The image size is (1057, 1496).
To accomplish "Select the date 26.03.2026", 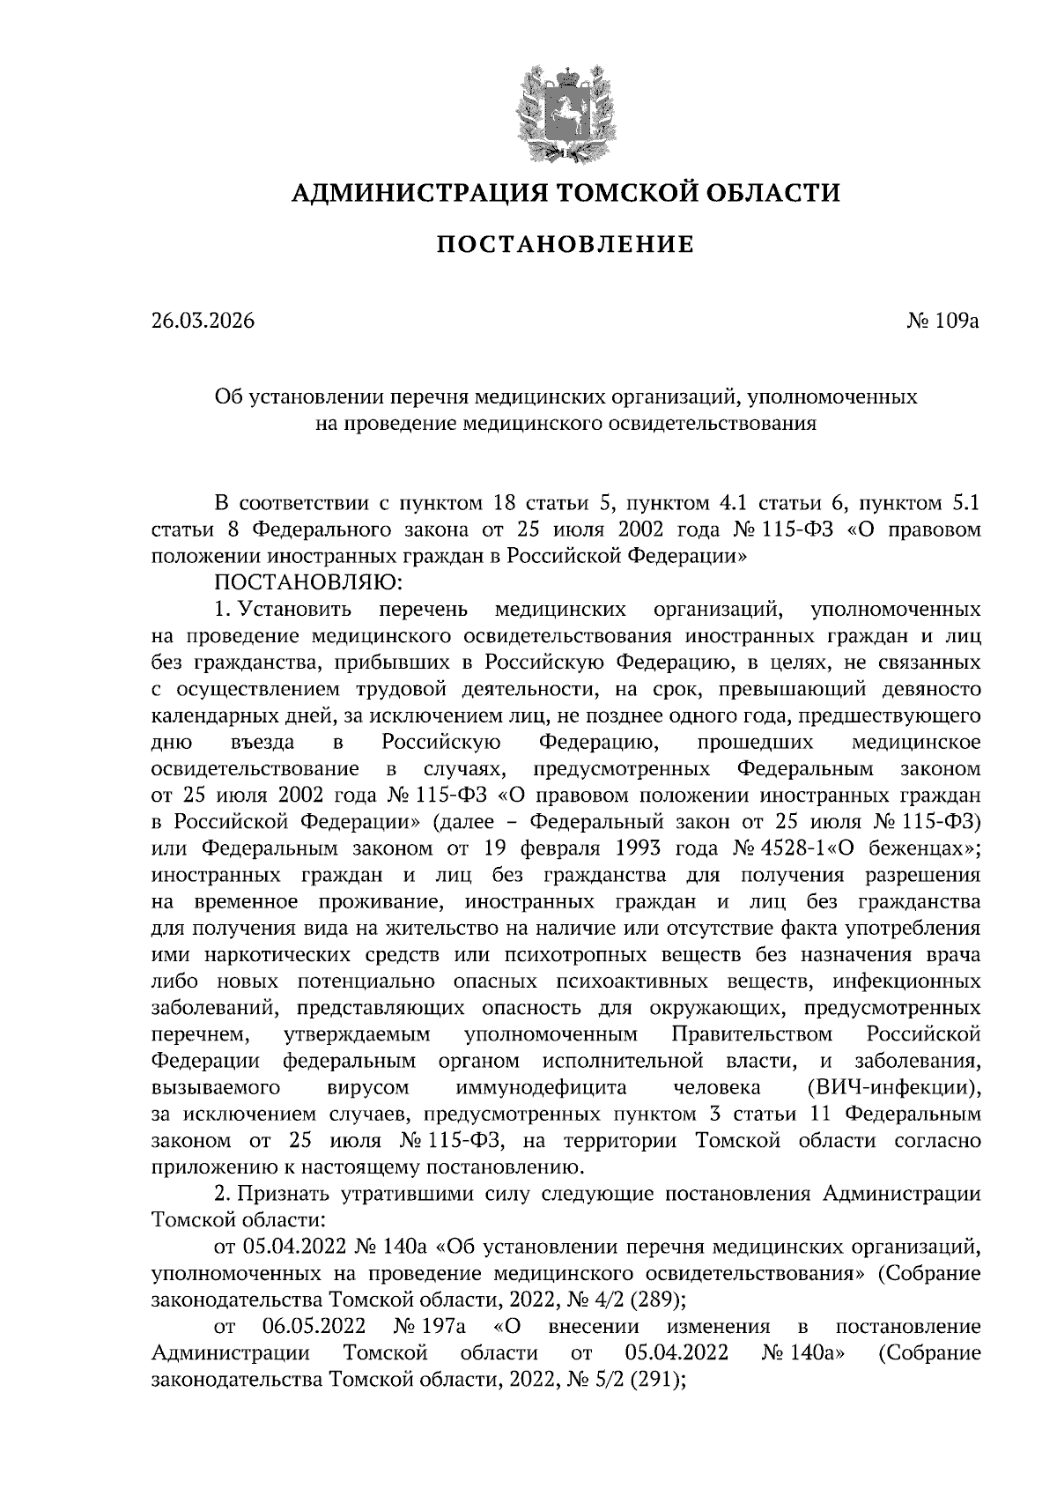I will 203,321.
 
